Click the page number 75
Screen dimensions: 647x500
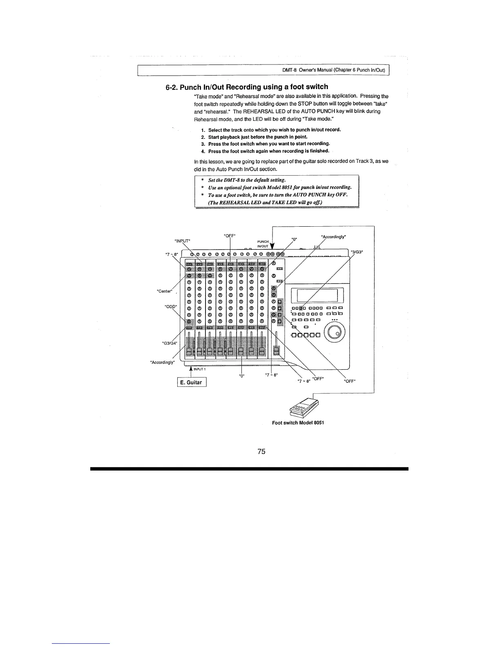(262, 451)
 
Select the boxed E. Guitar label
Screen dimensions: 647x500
(192, 383)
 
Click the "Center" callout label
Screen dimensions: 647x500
(165, 291)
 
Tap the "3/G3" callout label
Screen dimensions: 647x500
(357, 252)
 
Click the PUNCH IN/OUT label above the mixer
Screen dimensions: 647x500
(263, 244)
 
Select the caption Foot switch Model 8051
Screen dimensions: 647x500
(298, 423)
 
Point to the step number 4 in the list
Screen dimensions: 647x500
(203, 151)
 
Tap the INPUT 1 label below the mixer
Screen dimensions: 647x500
(199, 369)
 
